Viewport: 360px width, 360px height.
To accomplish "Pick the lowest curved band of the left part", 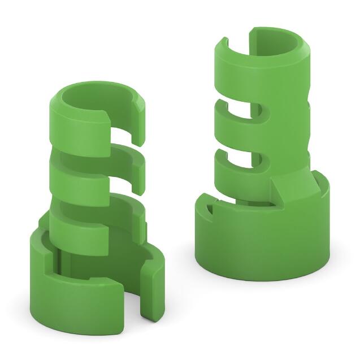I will pyautogui.click(x=79, y=232).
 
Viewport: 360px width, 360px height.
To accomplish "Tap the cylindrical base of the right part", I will pyautogui.click(x=260, y=243).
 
